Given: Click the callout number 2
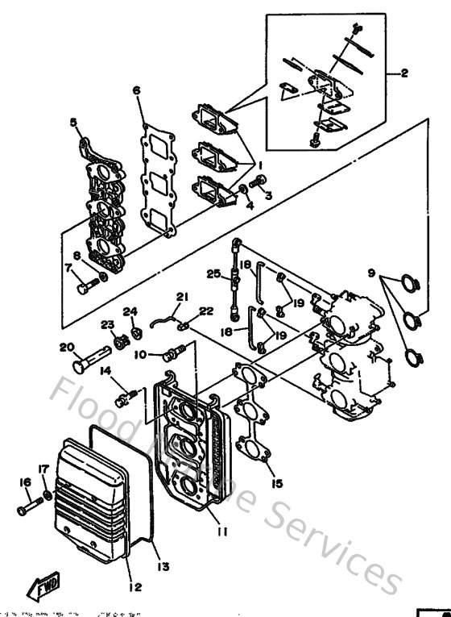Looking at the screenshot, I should (403, 73).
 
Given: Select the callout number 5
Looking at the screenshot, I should (73, 123).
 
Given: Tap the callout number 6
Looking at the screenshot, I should (137, 90).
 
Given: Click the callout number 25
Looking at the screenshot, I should (212, 273).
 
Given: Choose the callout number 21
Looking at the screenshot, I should (182, 297).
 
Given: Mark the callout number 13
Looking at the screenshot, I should (163, 566).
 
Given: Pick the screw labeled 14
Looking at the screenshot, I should (123, 396).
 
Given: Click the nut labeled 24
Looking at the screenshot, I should (137, 331).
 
